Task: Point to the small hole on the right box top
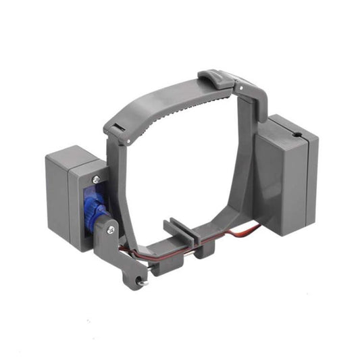coord(297,136)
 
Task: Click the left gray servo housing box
coord(68,196)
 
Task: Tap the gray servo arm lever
coord(122,253)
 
